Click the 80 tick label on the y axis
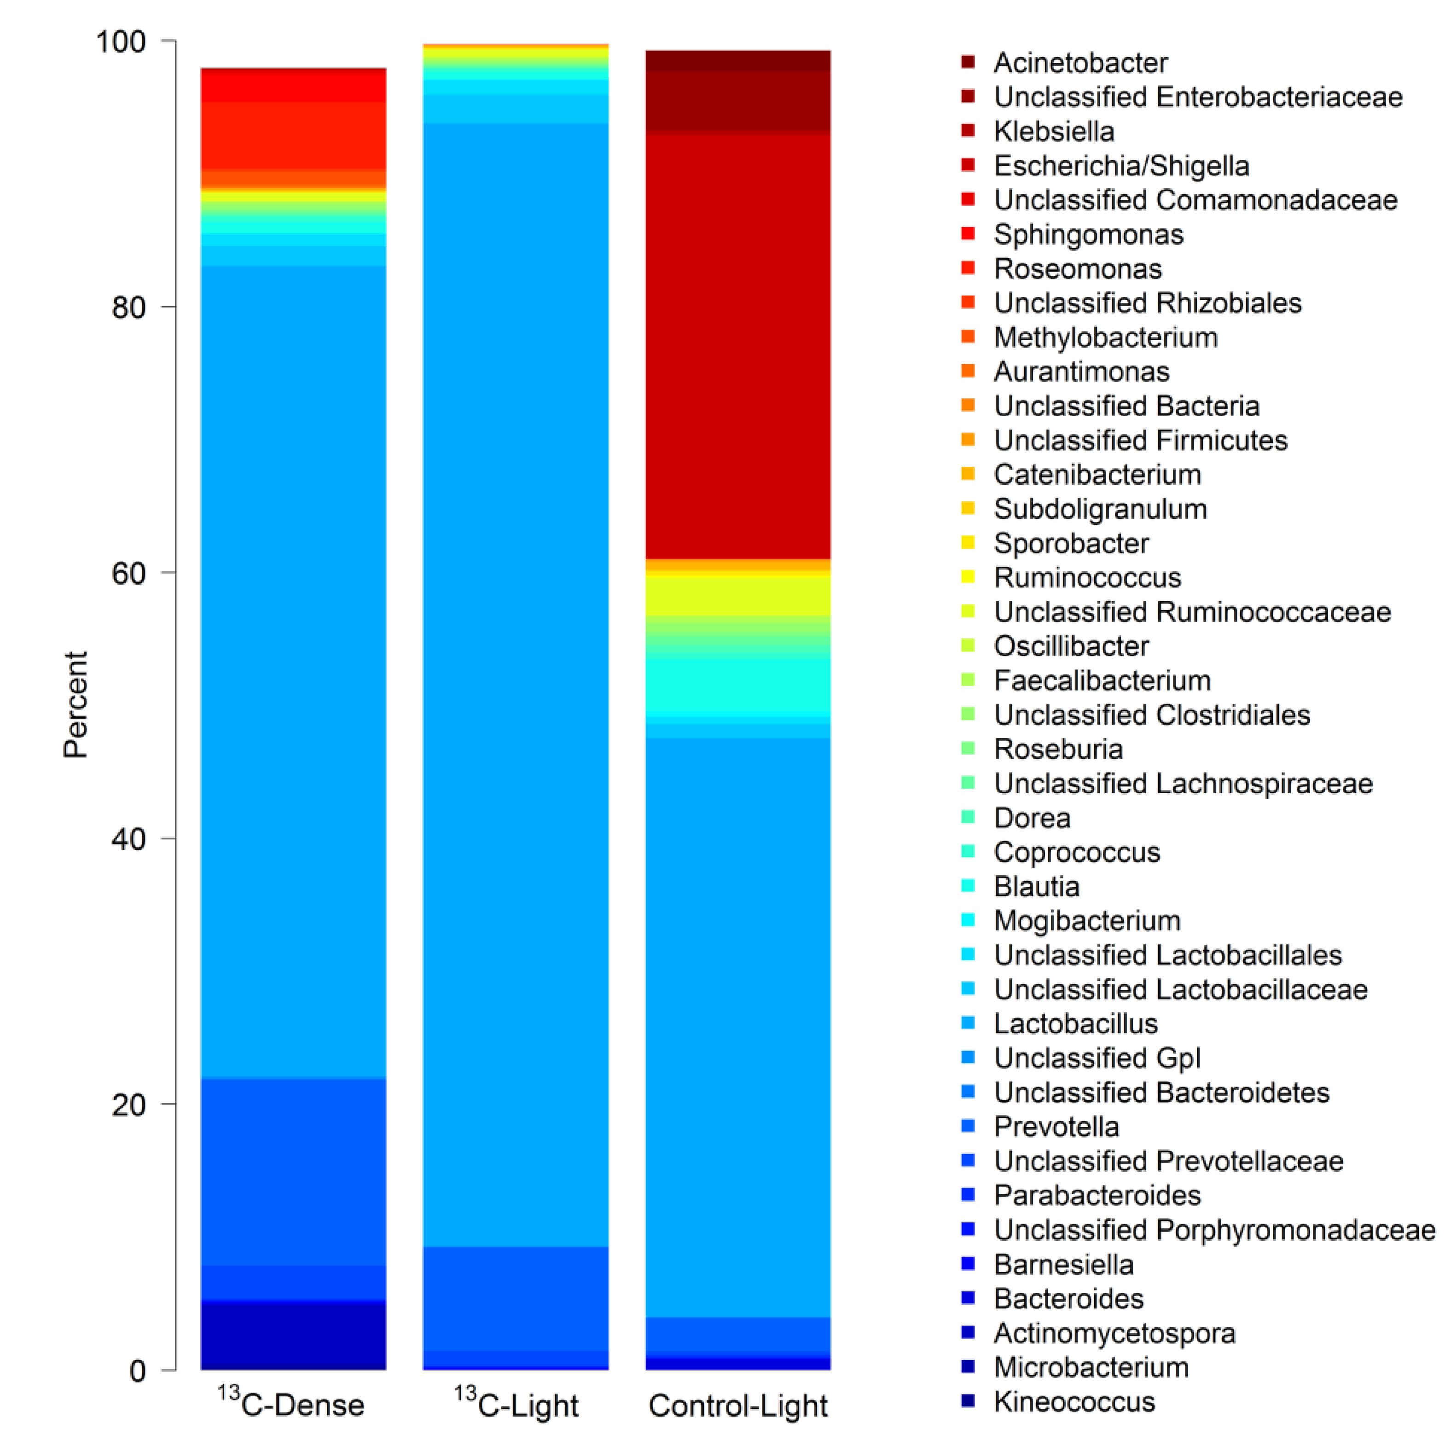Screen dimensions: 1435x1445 tap(128, 307)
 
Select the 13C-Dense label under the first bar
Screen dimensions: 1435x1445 tap(292, 1404)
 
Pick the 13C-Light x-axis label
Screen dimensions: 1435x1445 tap(516, 1404)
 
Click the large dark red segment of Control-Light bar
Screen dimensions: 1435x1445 tap(737, 344)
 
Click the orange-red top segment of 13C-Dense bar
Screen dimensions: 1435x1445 tap(293, 136)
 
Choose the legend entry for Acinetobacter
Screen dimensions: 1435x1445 tap(1080, 63)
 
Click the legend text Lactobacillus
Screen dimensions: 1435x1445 tap(1075, 1023)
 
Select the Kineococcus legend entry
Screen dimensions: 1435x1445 tap(1074, 1401)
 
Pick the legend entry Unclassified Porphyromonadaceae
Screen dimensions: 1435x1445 tap(1213, 1230)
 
